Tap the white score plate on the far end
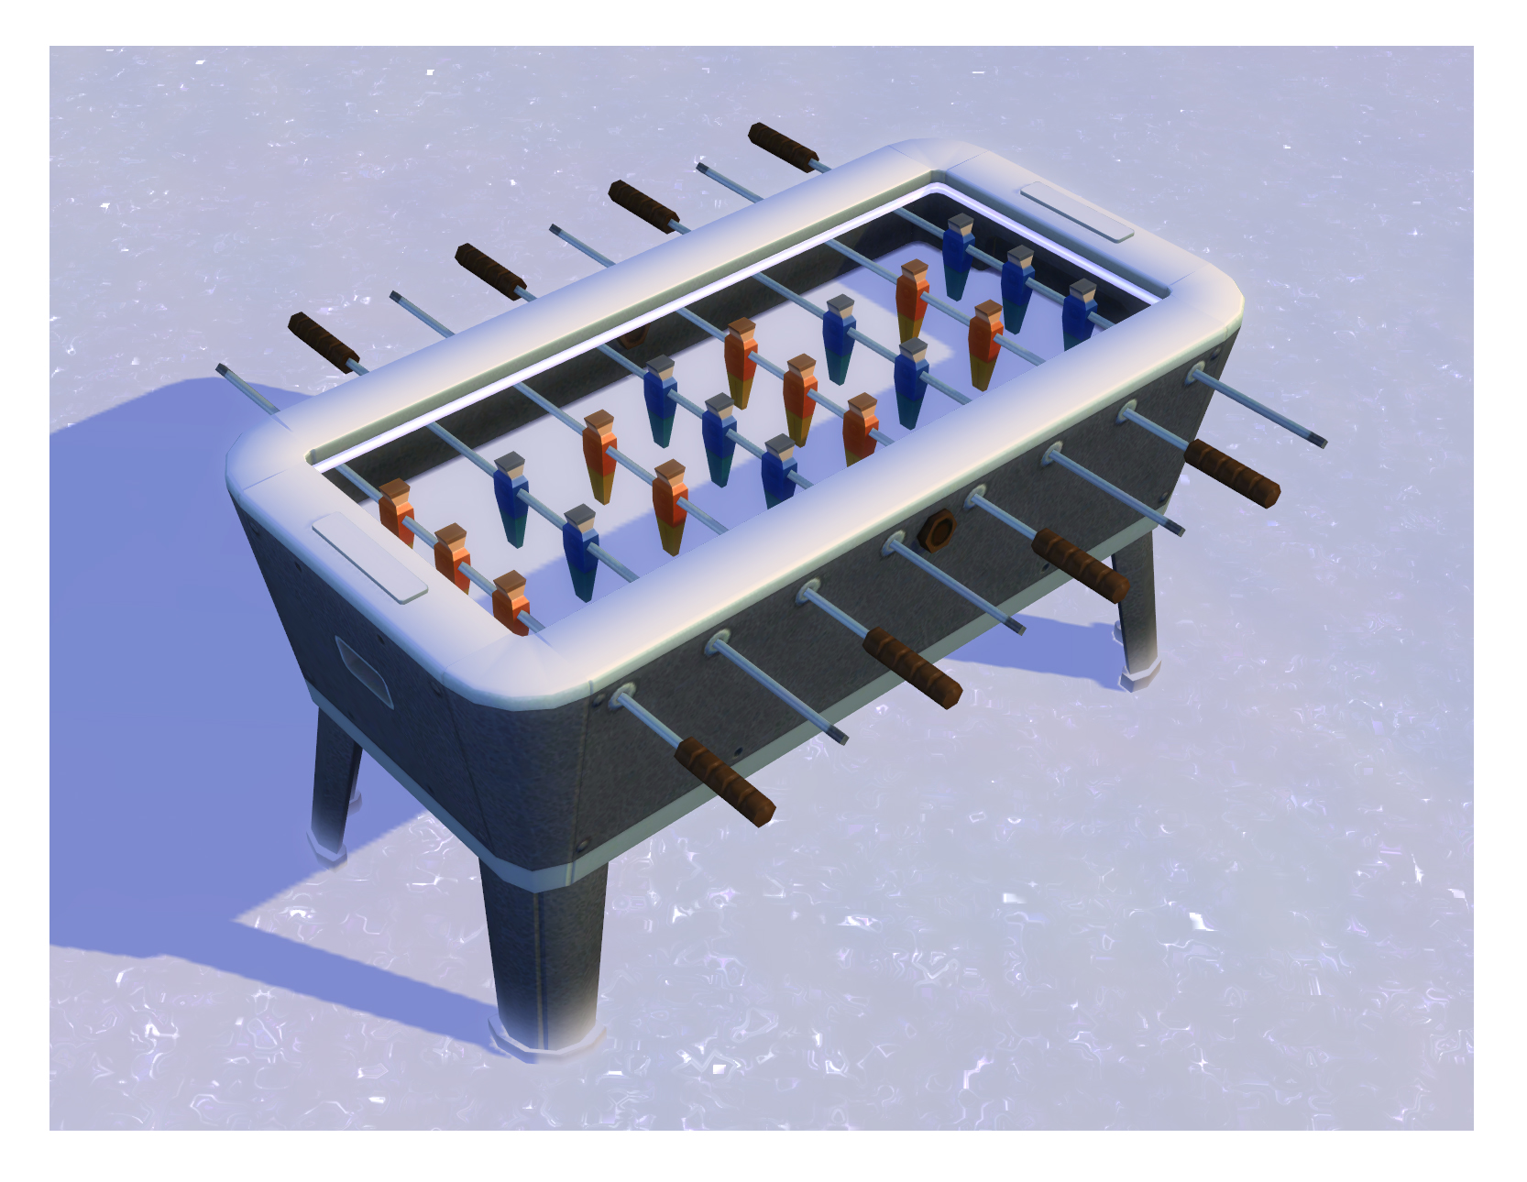1077,212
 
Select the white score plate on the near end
369,558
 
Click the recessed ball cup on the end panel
363,672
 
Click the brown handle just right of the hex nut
1079,564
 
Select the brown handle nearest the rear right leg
1231,472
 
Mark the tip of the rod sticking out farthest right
1322,442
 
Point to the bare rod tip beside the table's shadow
223,369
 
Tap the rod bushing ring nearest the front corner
625,696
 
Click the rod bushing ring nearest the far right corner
1195,374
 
